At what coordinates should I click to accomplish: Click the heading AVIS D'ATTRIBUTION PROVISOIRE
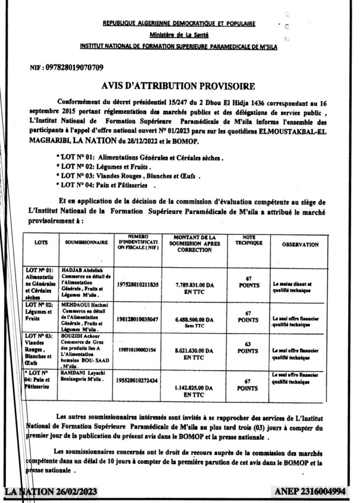click(x=178, y=86)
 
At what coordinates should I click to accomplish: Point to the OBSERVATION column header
click(x=300, y=244)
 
